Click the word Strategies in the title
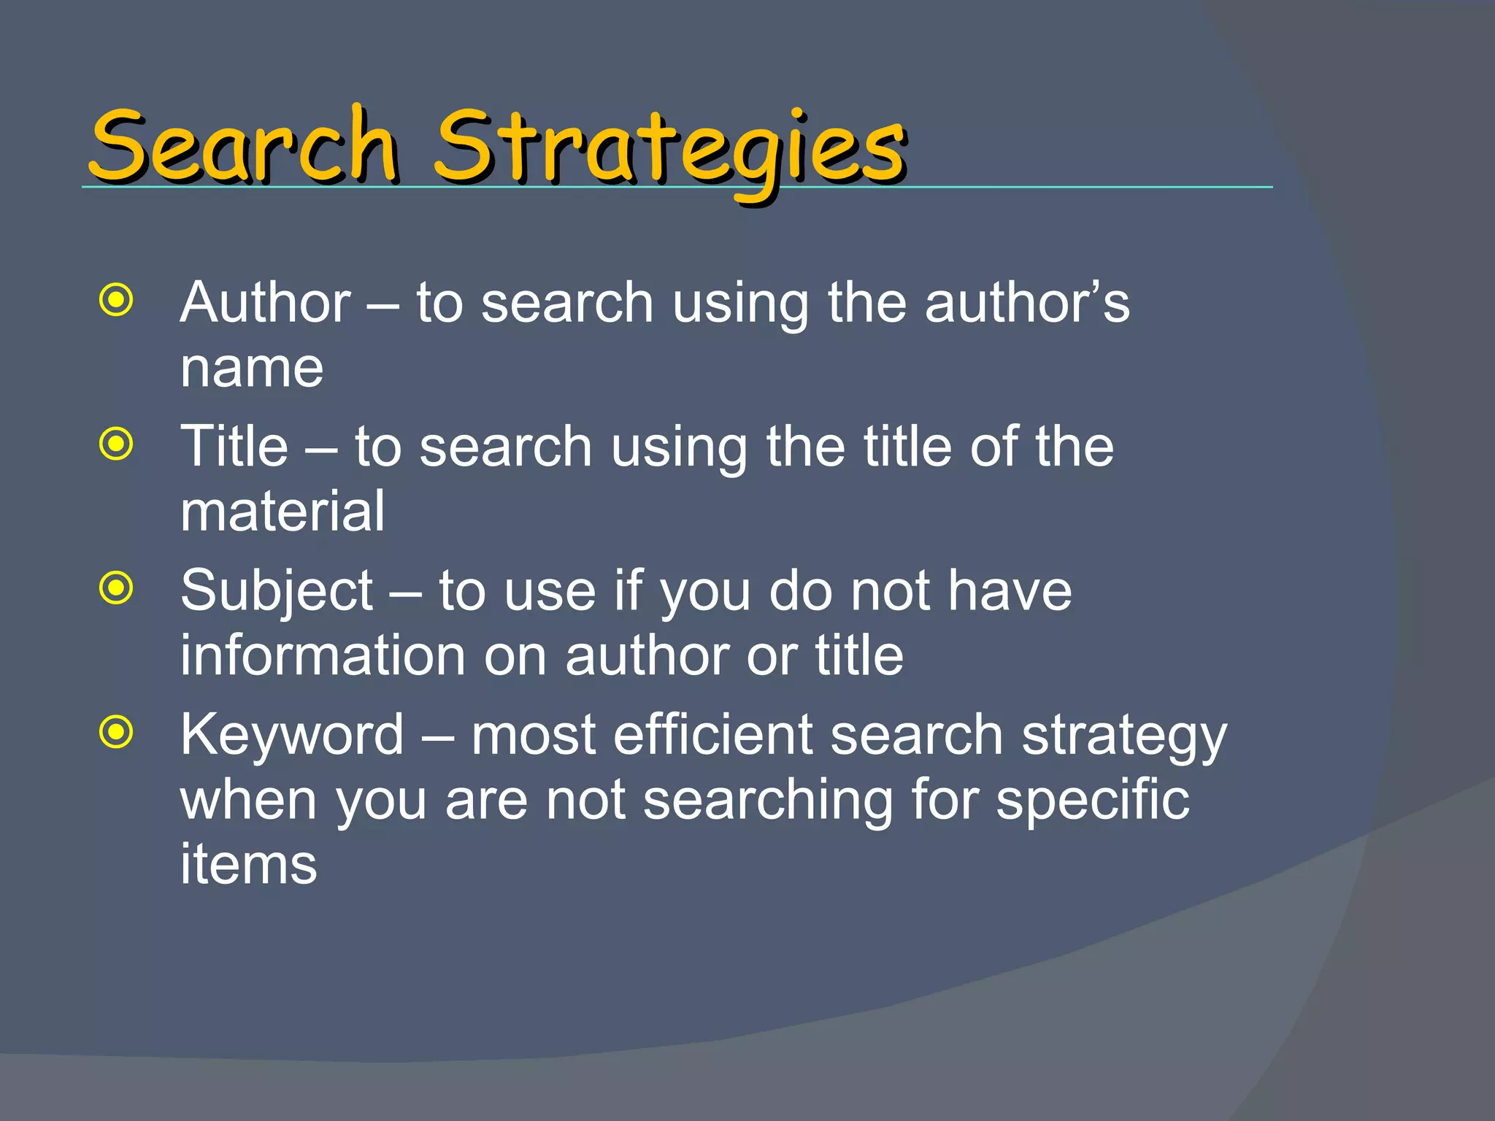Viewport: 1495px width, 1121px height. pyautogui.click(x=670, y=149)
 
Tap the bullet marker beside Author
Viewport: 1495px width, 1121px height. pyautogui.click(x=117, y=299)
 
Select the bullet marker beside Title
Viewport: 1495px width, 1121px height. pyautogui.click(x=117, y=444)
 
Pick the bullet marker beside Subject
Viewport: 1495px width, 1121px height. pyautogui.click(x=117, y=588)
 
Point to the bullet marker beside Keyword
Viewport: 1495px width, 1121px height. pyautogui.click(x=117, y=732)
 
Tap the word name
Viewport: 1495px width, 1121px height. pyautogui.click(x=252, y=368)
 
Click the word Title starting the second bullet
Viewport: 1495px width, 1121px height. pyautogui.click(x=234, y=446)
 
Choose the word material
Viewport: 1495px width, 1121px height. pyautogui.click(x=283, y=511)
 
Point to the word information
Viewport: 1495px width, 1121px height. pyautogui.click(x=323, y=655)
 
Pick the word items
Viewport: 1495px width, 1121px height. pyautogui.click(x=248, y=864)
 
